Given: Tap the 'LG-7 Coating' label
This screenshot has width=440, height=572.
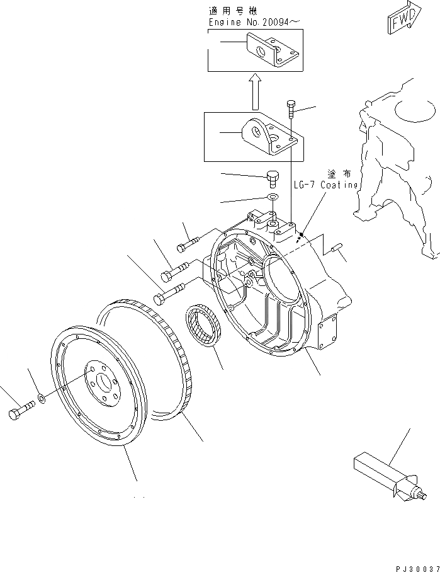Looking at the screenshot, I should point(326,185).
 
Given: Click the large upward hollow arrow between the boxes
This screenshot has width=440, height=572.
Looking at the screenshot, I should point(254,91).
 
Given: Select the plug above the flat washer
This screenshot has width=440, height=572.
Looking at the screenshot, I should point(273,178).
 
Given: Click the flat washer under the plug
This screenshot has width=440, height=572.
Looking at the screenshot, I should point(273,198).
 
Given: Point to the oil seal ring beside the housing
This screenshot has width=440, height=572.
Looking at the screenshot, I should point(203,326).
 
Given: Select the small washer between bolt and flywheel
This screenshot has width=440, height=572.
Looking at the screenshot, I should point(42,398).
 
